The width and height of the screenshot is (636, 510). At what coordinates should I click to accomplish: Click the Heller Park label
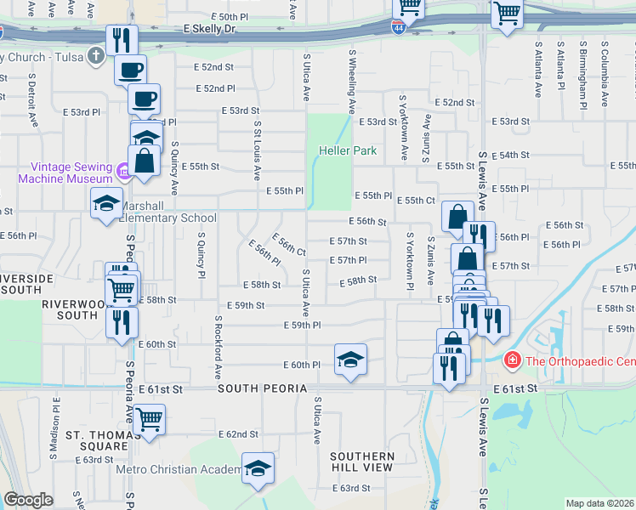(x=348, y=151)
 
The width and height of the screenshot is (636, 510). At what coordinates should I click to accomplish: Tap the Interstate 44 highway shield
(x=398, y=27)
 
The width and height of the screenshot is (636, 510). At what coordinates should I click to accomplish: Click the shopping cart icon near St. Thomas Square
(x=149, y=418)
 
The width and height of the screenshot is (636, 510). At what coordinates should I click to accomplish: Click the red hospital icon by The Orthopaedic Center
(x=513, y=360)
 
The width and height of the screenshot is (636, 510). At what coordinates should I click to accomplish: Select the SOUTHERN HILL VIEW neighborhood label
(x=362, y=462)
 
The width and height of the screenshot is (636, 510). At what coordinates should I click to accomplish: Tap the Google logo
(x=28, y=500)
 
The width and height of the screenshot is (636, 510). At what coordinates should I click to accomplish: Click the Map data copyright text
(x=599, y=503)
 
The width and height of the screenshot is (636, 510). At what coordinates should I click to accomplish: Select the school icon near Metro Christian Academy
(x=258, y=469)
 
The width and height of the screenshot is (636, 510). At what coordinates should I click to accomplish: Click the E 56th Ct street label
(x=289, y=244)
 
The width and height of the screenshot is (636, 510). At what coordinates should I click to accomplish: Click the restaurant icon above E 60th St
(x=121, y=320)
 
